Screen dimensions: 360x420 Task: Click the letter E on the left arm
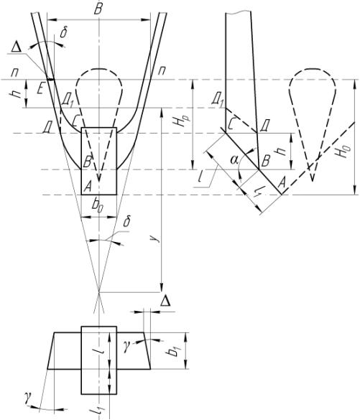(x=40, y=88)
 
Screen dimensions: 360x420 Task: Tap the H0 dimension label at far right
(x=344, y=151)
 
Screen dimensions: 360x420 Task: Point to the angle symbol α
(x=235, y=160)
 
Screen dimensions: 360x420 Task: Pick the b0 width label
(x=97, y=205)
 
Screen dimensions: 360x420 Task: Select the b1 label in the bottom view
(x=173, y=350)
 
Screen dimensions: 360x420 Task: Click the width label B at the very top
(x=98, y=9)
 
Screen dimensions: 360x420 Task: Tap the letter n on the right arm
(x=162, y=70)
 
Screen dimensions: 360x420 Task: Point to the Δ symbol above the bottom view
(x=165, y=301)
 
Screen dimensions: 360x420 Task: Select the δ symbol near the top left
(x=63, y=33)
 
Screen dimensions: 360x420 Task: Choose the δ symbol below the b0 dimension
(x=127, y=223)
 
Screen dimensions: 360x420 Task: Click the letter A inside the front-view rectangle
(x=88, y=187)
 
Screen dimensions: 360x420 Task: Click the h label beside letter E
(x=17, y=94)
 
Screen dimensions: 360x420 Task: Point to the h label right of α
(x=280, y=151)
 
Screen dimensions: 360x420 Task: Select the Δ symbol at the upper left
(x=17, y=47)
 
